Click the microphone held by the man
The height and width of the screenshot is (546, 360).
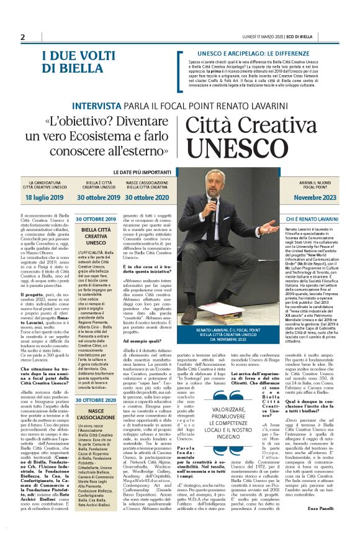[214, 202]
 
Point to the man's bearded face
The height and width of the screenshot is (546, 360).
[215, 188]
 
